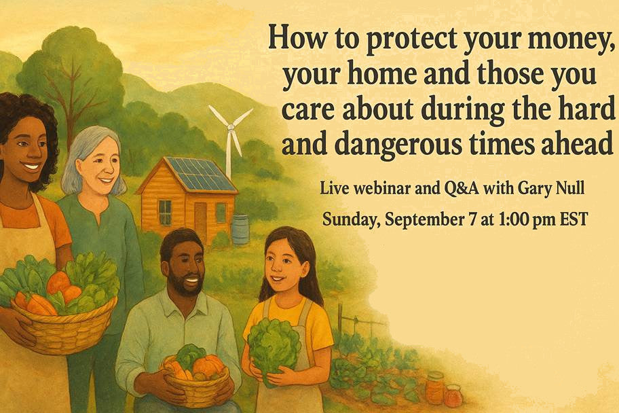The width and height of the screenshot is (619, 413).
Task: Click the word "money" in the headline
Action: click(x=563, y=40)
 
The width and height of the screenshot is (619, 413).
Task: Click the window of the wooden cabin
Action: click(x=165, y=211)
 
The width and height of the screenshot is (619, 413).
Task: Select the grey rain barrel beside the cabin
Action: click(x=240, y=229)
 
